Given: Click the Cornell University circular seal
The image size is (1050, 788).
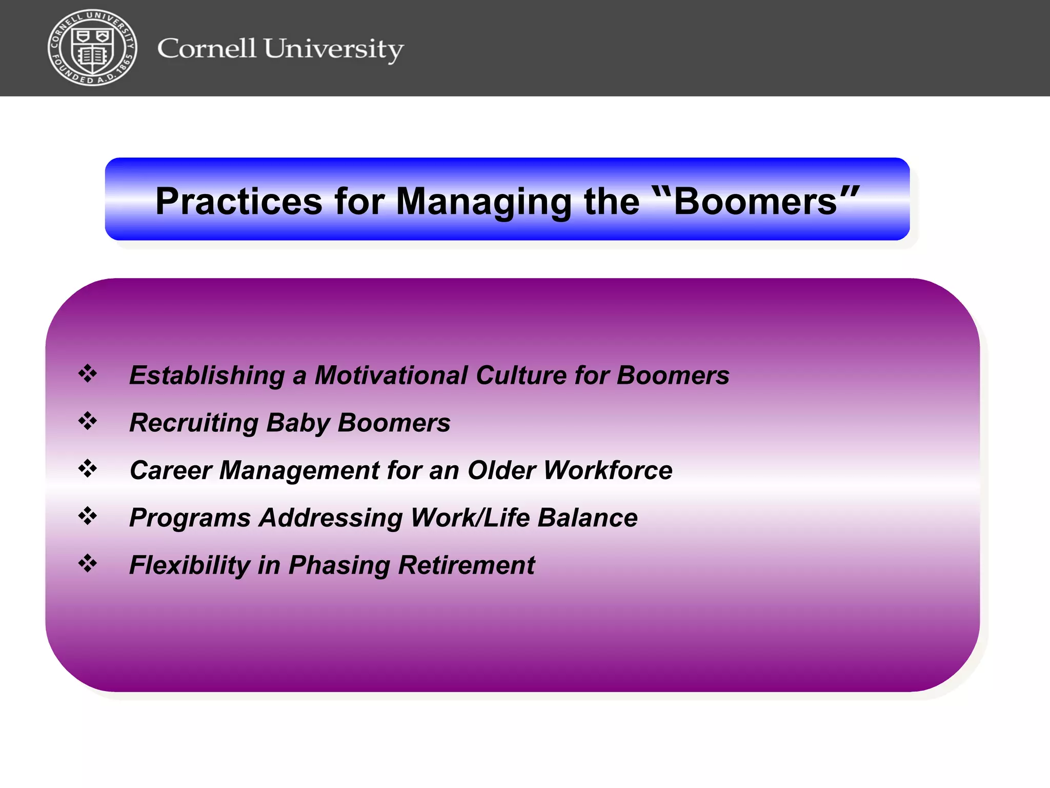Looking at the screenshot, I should (92, 48).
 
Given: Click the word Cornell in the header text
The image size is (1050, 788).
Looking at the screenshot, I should (206, 49).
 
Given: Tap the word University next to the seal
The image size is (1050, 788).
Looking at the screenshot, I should (333, 50).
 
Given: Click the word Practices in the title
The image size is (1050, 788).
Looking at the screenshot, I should (239, 201).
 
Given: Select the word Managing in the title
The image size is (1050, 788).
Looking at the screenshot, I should (483, 202).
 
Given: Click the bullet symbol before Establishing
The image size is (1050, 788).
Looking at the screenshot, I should (88, 373).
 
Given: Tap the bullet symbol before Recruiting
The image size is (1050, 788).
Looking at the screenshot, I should (88, 421).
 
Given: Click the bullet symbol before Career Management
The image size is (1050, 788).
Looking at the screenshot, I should (88, 468).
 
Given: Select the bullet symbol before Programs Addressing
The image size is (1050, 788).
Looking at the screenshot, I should (88, 516).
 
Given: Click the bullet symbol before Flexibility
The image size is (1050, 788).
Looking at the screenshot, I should (88, 563).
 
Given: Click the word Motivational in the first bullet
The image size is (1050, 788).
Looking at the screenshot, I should (391, 375).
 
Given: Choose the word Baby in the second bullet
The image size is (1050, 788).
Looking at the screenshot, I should (298, 423).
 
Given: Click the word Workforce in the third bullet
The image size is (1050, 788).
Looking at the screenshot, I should (608, 470).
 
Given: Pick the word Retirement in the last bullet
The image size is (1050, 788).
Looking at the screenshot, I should (466, 565).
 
